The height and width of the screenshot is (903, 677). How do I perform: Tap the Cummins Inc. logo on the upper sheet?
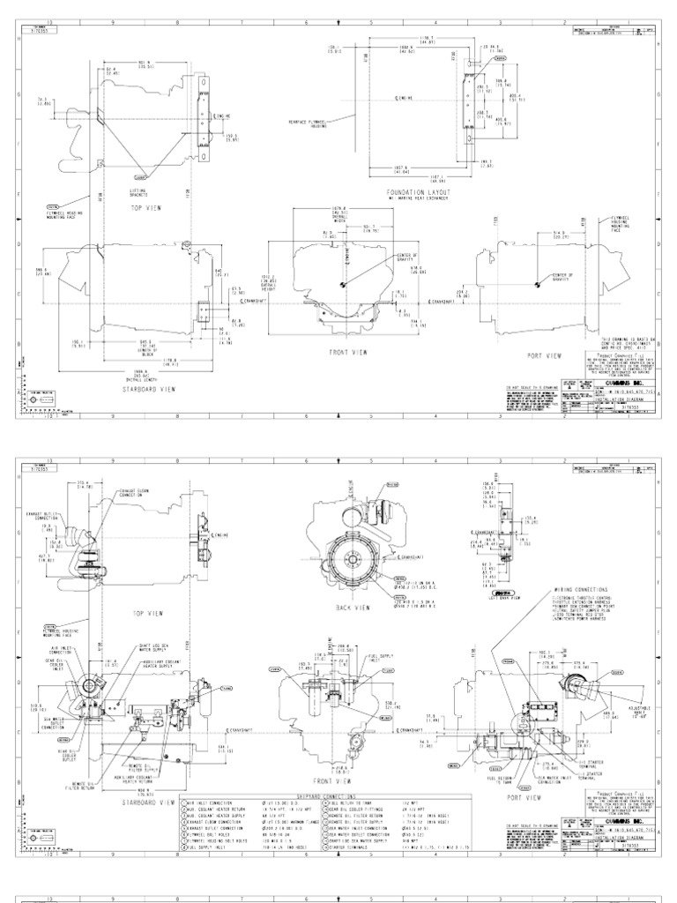point(611,384)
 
